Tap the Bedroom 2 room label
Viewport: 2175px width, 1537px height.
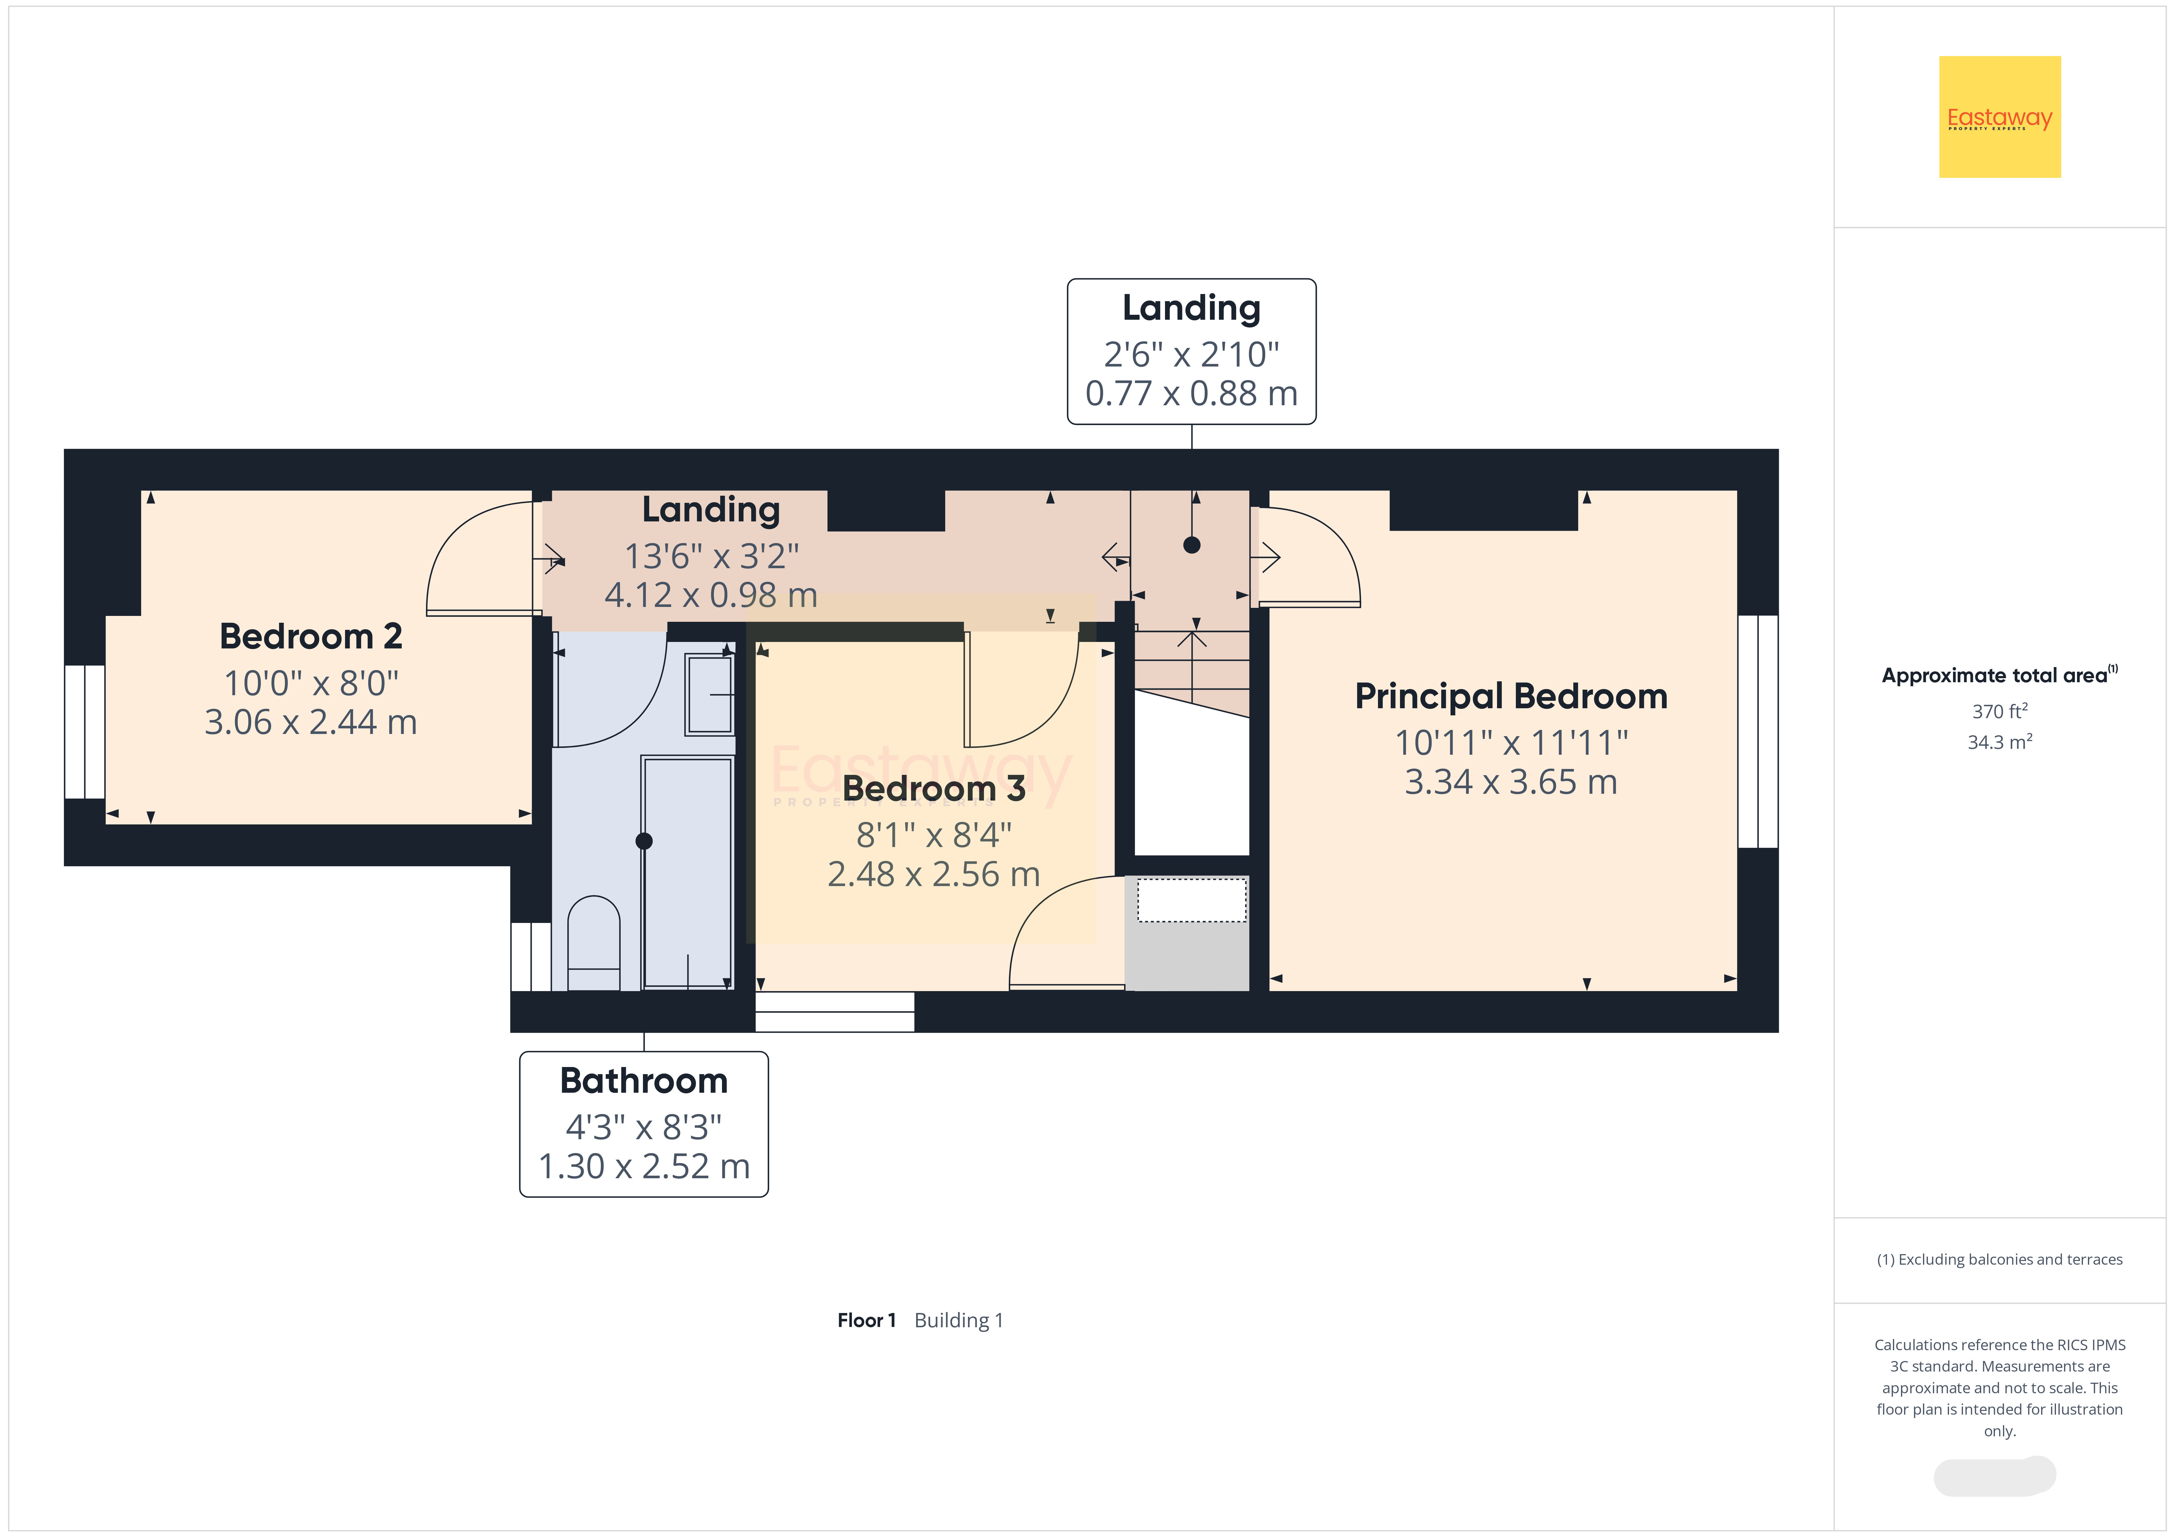click(x=311, y=636)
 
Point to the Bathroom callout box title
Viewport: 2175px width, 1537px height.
click(x=644, y=1081)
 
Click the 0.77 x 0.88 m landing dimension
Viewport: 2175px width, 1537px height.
click(x=1192, y=393)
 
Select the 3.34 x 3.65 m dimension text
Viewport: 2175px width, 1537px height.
click(x=1511, y=782)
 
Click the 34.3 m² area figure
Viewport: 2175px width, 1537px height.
click(x=2000, y=741)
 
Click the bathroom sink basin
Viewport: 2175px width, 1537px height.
click(x=711, y=694)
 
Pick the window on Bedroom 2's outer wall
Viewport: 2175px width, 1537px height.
click(x=84, y=731)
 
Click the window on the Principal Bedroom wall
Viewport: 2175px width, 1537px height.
click(x=1758, y=731)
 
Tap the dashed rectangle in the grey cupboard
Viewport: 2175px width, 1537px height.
click(x=1192, y=900)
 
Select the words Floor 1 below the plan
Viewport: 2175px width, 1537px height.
click(x=866, y=1320)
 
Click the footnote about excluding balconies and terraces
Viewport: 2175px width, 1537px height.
click(x=2000, y=1259)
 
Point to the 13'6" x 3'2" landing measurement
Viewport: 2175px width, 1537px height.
click(x=711, y=556)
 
